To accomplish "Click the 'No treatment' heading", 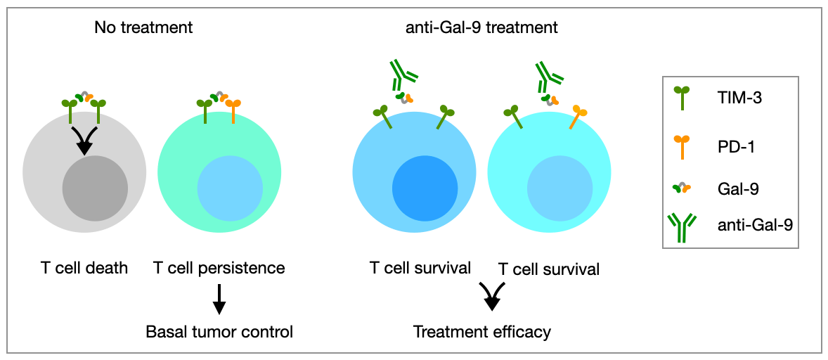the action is (143, 27).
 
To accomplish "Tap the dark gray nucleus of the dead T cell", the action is (95, 188).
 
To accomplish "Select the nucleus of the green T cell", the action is (231, 188).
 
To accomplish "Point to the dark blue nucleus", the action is (425, 188).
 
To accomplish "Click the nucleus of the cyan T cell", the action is (559, 188).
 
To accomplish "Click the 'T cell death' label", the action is (84, 268).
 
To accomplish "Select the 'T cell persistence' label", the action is (219, 268).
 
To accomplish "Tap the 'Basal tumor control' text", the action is (219, 332).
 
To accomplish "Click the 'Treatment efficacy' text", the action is (482, 332).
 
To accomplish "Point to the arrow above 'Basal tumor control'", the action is (219, 301).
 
